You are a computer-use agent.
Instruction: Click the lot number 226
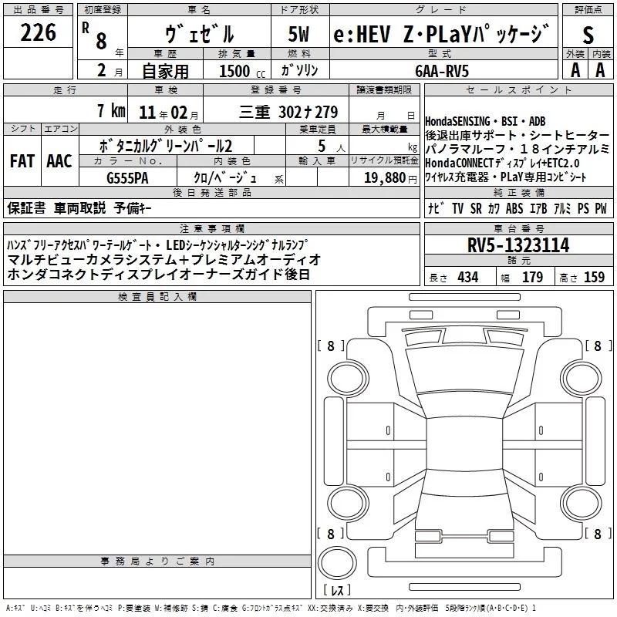pyautogui.click(x=39, y=32)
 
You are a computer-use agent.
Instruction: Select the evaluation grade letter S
pyautogui.click(x=588, y=34)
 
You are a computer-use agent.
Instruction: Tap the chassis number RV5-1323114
pyautogui.click(x=519, y=245)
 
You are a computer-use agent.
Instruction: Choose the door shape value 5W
pyautogui.click(x=301, y=35)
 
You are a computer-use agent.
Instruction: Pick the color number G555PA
pyautogui.click(x=128, y=177)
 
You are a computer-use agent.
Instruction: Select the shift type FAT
pyautogui.click(x=22, y=160)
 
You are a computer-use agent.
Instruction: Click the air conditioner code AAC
pyautogui.click(x=59, y=160)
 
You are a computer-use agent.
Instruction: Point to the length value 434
pyautogui.click(x=467, y=278)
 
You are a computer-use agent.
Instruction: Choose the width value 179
pyautogui.click(x=532, y=278)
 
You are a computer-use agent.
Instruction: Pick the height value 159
pyautogui.click(x=594, y=278)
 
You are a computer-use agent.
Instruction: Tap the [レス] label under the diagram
pyautogui.click(x=336, y=592)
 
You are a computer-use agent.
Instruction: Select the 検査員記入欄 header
pyautogui.click(x=157, y=297)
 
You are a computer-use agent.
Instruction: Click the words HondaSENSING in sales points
pyautogui.click(x=457, y=122)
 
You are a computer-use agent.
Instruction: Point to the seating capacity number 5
pyautogui.click(x=320, y=146)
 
